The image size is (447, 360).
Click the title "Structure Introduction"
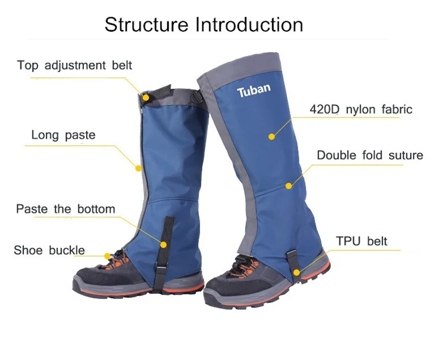pyautogui.click(x=204, y=25)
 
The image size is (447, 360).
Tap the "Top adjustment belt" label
pyautogui.click(x=75, y=65)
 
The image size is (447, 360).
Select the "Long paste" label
pyautogui.click(x=63, y=135)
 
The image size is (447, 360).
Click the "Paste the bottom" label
pyautogui.click(x=65, y=210)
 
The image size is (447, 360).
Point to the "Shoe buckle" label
pyautogui.click(x=49, y=250)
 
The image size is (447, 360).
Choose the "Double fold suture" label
pyautogui.click(x=370, y=155)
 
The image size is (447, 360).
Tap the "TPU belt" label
pyautogui.click(x=362, y=241)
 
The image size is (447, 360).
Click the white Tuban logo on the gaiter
pyautogui.click(x=254, y=91)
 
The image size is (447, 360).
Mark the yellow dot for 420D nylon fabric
pyautogui.click(x=272, y=136)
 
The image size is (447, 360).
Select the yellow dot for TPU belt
pyautogui.click(x=297, y=273)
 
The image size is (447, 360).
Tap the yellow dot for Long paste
pyautogui.click(x=138, y=167)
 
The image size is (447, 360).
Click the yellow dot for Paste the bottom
pyautogui.click(x=164, y=244)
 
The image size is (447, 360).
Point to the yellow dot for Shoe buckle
pyautogui.click(x=108, y=256)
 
